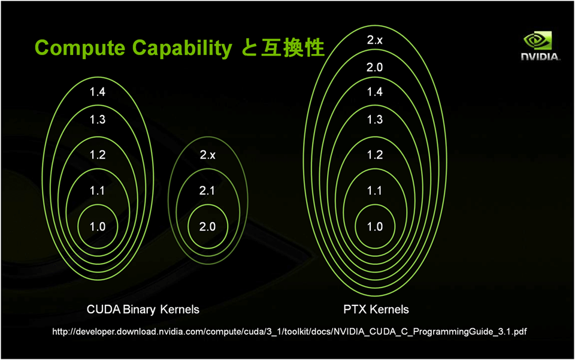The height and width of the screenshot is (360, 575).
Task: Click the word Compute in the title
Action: coord(80,49)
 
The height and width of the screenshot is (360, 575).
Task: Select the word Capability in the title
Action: coord(182,49)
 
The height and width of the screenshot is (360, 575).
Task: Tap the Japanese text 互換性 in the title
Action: coord(293,48)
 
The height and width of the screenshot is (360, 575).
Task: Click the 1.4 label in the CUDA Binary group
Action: coord(98,92)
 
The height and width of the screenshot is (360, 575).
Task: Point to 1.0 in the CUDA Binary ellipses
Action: coord(98,226)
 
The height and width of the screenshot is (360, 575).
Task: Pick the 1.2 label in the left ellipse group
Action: coord(98,155)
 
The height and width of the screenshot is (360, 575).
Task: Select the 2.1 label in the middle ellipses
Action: coord(207,190)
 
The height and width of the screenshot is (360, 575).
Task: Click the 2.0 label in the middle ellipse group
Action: coord(207,226)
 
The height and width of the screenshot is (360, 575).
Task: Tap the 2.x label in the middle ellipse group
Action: coord(208,155)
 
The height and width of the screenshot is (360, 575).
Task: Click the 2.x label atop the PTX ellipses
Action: coord(375,40)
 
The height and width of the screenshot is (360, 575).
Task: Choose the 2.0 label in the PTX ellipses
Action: coord(375,67)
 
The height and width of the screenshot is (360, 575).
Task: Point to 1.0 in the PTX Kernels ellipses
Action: coord(375,226)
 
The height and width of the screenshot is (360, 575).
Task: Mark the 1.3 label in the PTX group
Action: coord(375,120)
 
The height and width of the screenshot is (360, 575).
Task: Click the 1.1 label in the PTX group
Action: coord(375,190)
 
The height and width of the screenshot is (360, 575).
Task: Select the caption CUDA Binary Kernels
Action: coord(143,310)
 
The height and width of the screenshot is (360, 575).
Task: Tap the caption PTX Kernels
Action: coord(376,310)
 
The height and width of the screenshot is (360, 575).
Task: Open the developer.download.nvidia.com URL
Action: coord(289,332)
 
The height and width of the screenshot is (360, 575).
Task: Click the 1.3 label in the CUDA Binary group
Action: coord(98,120)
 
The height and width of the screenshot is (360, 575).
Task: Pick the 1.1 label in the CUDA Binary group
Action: coord(97,190)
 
